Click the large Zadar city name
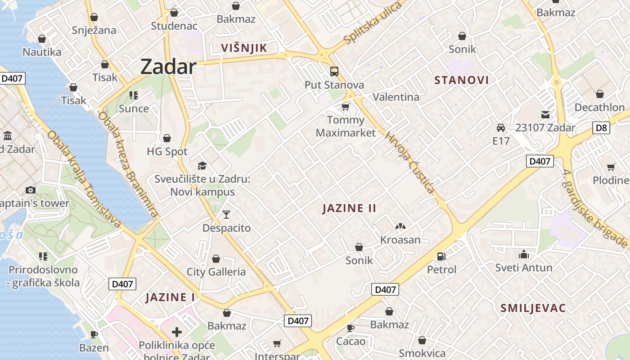pos(168,67)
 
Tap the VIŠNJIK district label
pos(244,48)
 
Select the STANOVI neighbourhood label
pos(461,80)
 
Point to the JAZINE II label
pos(349,208)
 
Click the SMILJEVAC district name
pos(533,308)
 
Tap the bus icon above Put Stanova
pos(334,72)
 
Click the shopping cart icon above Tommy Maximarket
pos(345,107)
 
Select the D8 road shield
pos(601,128)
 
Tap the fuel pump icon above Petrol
pos(441,256)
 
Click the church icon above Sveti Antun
pos(523,255)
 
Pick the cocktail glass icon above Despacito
pos(226,215)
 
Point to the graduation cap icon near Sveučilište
pos(202,166)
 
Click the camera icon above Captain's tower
pos(31,190)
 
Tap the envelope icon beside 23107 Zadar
pos(545,115)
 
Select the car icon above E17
pos(500,128)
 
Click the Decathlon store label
pos(599,108)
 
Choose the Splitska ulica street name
pos(372,23)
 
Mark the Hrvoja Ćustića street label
pos(410,162)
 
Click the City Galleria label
pos(216,272)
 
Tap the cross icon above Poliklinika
pos(177,332)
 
